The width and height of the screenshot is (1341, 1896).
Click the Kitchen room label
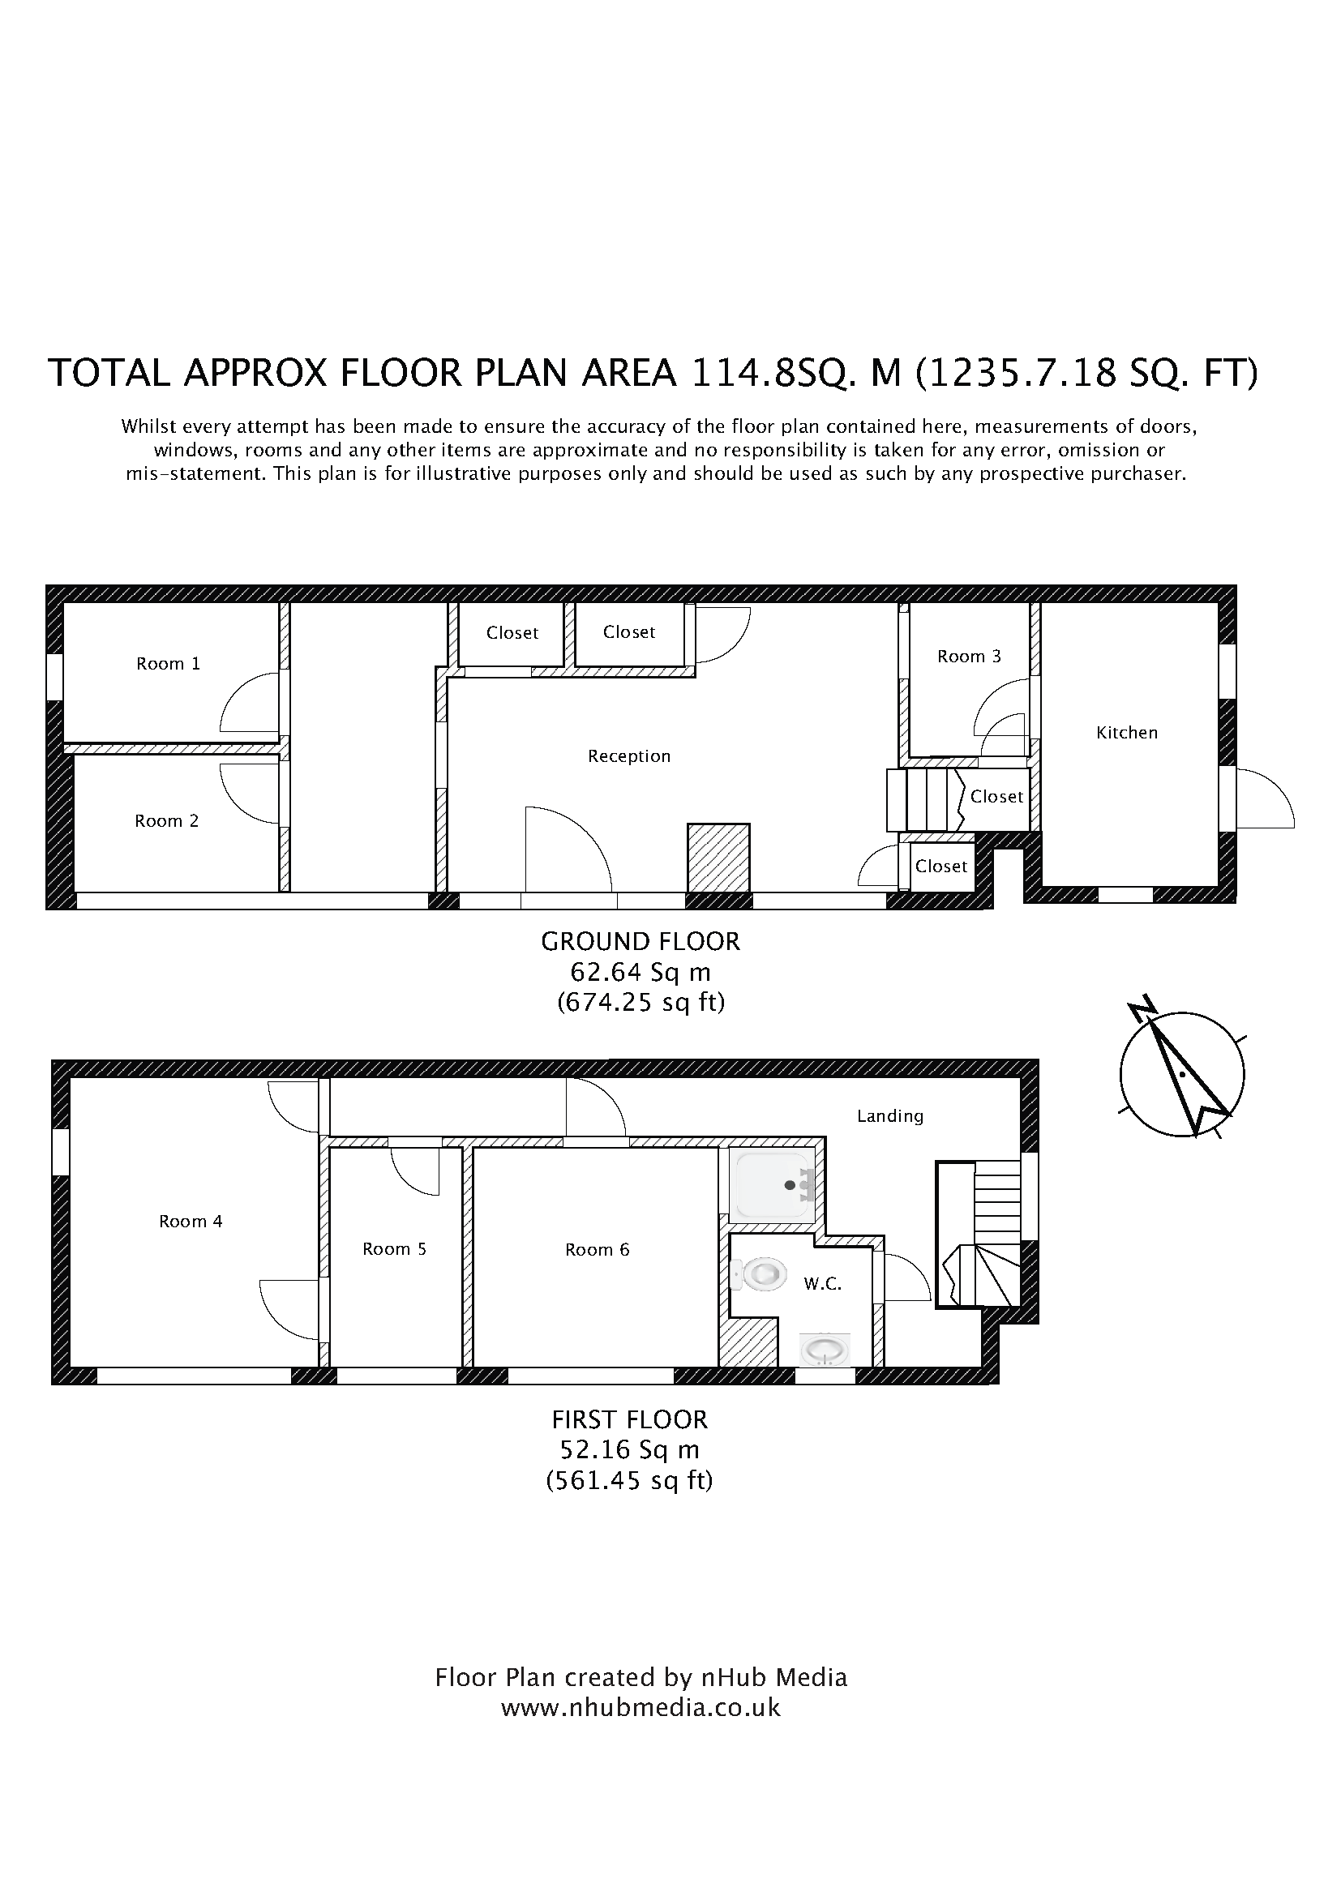coord(1126,733)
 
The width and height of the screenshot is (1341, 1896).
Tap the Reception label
coord(629,756)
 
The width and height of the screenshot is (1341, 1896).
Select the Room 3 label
coord(969,657)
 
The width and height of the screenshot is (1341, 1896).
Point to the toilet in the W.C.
coord(759,1274)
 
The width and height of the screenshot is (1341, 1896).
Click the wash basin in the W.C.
coord(825,1352)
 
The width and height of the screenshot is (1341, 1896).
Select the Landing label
coord(890,1116)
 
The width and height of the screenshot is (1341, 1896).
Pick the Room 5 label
coord(394,1249)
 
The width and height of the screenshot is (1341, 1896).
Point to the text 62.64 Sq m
coord(641,972)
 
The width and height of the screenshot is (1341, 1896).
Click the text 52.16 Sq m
coord(630,1449)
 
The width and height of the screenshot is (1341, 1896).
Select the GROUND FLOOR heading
coord(641,941)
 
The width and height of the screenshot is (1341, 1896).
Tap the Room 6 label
coord(597,1250)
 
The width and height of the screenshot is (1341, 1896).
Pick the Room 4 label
coord(191,1222)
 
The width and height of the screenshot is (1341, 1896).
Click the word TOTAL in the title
coord(109,373)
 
